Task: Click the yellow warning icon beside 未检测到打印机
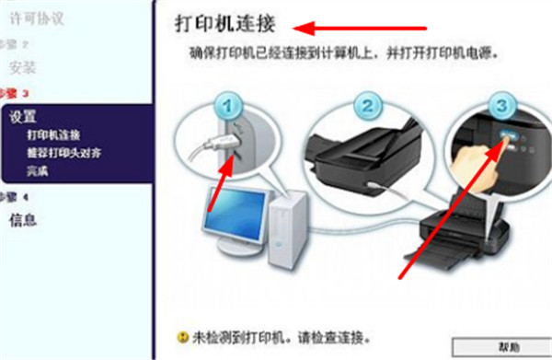[181, 337]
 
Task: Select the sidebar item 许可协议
[33, 17]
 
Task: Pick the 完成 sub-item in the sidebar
[38, 170]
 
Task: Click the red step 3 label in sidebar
[14, 93]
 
